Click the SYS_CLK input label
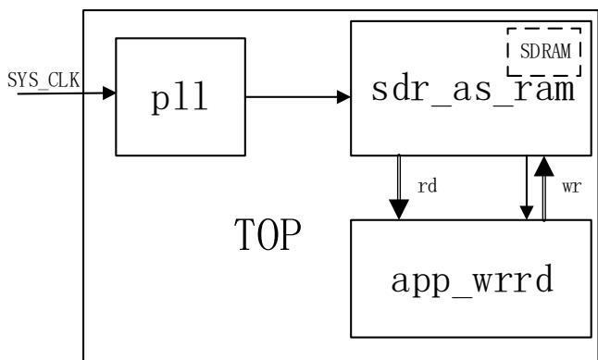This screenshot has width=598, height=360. (44, 81)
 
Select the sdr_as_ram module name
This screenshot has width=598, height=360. (473, 91)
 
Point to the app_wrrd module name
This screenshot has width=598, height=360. (472, 280)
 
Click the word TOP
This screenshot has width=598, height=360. (268, 234)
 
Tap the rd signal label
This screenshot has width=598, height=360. (427, 186)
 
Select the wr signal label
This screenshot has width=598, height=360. (571, 187)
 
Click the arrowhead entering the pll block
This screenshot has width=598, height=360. (109, 93)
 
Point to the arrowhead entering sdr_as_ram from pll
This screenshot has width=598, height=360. (343, 97)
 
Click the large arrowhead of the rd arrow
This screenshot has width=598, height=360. (399, 209)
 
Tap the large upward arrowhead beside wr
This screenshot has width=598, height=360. (543, 166)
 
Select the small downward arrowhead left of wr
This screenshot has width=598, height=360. (527, 213)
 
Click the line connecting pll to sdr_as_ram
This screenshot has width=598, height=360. (292, 97)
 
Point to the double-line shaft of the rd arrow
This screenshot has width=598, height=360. (399, 178)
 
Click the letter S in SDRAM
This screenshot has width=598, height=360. (525, 51)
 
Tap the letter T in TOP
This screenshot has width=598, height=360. (244, 234)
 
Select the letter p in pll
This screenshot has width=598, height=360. (160, 101)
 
